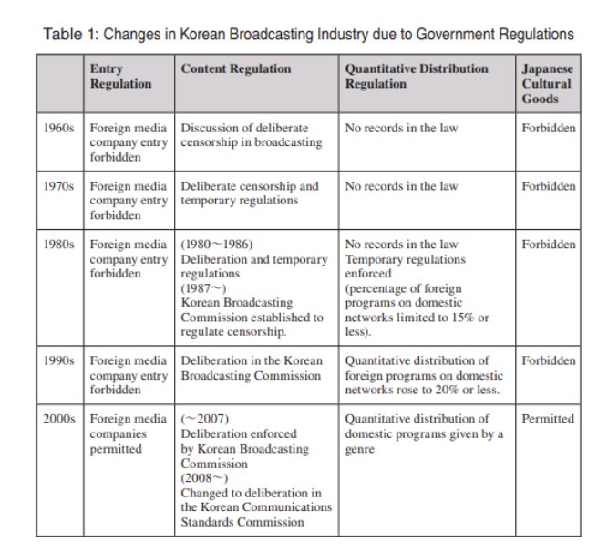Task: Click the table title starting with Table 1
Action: click(309, 35)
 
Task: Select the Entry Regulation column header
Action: click(120, 77)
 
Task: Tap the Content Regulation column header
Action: click(236, 69)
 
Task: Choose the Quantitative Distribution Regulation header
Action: click(417, 77)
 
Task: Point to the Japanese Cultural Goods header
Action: click(547, 84)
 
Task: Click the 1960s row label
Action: click(62, 128)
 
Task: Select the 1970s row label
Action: click(62, 186)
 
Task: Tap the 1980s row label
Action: click(62, 245)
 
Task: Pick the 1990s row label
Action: click(62, 360)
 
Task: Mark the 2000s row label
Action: click(62, 419)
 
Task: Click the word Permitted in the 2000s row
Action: click(548, 419)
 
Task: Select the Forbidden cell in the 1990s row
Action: click(548, 360)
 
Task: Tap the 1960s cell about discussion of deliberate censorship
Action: click(251, 135)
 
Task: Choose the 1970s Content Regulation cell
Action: click(250, 193)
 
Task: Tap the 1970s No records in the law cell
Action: click(401, 186)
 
